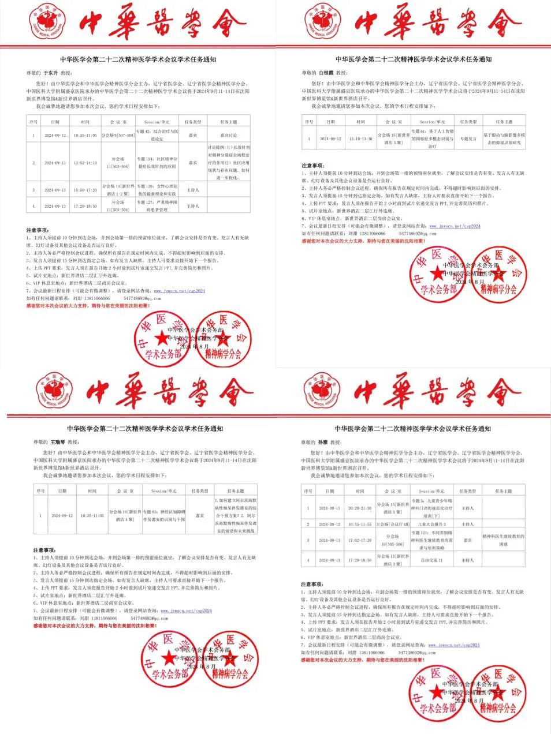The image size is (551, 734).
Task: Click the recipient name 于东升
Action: pos(51,73)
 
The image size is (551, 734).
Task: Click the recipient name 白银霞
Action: pos(327,73)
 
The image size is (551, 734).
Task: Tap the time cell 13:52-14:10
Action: pos(85,163)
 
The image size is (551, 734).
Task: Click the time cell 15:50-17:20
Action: pos(85,190)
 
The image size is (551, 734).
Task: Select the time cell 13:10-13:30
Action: pos(360,139)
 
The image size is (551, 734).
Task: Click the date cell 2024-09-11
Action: pos(330,508)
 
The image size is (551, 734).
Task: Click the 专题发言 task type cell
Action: pos(468,139)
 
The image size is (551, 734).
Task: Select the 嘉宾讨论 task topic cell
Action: pos(228,136)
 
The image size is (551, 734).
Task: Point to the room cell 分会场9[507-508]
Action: pos(118,136)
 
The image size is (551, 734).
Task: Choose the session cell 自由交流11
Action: pos(432,560)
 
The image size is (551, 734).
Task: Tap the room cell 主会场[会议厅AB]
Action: pos(393,524)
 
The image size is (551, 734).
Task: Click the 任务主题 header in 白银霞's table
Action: pos(504,122)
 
